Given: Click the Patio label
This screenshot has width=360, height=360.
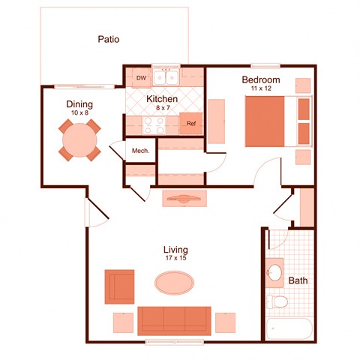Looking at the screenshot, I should pyautogui.click(x=109, y=40).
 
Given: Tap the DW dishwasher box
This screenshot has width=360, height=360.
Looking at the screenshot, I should pyautogui.click(x=140, y=77).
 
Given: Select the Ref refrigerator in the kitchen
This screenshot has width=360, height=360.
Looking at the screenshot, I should pyautogui.click(x=191, y=124).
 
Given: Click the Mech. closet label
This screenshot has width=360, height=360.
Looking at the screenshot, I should pyautogui.click(x=140, y=151).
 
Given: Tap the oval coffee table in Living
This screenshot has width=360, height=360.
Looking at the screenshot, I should pyautogui.click(x=174, y=283).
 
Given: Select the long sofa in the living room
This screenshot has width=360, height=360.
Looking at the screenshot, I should pyautogui.click(x=175, y=319).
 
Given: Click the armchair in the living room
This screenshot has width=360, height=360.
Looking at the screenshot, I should pyautogui.click(x=119, y=286).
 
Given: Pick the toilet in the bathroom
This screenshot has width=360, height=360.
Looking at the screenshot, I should pyautogui.click(x=277, y=301).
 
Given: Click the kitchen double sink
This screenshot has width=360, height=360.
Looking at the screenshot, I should pyautogui.click(x=165, y=76).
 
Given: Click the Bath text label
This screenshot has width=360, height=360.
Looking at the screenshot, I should pyautogui.click(x=298, y=281).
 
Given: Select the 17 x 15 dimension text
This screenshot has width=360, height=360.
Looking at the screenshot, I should pyautogui.click(x=175, y=258).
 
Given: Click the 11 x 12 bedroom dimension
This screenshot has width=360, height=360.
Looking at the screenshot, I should pyautogui.click(x=260, y=88).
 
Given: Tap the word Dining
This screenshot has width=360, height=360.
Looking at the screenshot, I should pyautogui.click(x=79, y=104).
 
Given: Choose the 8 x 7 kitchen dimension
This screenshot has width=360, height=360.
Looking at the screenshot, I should pyautogui.click(x=161, y=108).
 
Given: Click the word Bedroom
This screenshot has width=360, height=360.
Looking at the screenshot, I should pyautogui.click(x=260, y=79).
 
